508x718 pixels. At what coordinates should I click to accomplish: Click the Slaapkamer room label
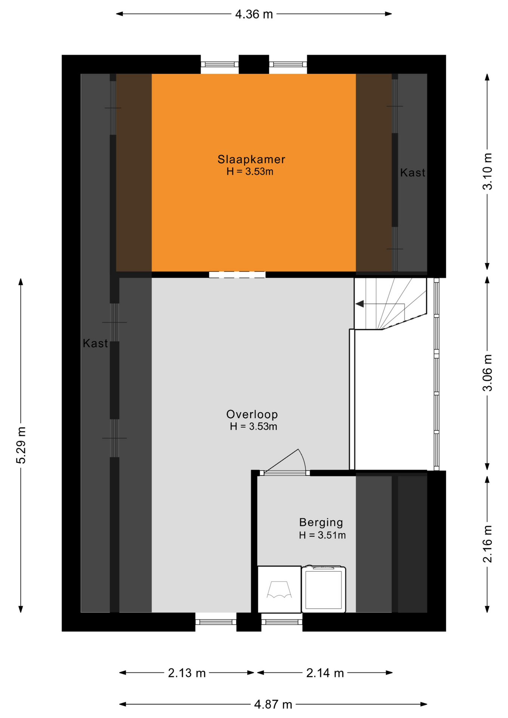click(251, 159)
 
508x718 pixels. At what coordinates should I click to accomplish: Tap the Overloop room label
click(252, 414)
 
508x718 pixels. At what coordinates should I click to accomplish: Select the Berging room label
click(321, 523)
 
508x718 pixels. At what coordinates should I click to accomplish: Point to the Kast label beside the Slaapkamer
click(413, 172)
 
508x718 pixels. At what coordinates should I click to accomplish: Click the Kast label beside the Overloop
click(95, 343)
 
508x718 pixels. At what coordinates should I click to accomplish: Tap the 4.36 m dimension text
click(254, 14)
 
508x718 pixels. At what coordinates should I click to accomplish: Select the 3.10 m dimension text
click(487, 171)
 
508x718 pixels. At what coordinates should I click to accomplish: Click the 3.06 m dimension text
click(487, 373)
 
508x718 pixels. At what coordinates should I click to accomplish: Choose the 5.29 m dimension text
click(21, 445)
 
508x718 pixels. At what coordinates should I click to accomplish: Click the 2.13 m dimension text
click(187, 673)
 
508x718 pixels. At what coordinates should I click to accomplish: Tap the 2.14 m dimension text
click(325, 673)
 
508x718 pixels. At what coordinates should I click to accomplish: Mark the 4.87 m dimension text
click(273, 705)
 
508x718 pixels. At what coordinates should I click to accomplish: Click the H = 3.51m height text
click(322, 535)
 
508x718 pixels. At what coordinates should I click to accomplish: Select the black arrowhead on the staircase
click(359, 304)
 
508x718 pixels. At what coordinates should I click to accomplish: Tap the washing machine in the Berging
click(324, 589)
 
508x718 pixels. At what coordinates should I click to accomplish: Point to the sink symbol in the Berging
click(279, 589)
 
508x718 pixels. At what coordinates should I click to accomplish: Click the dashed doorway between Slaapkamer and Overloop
click(237, 275)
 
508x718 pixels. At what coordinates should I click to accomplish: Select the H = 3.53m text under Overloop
click(253, 427)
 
